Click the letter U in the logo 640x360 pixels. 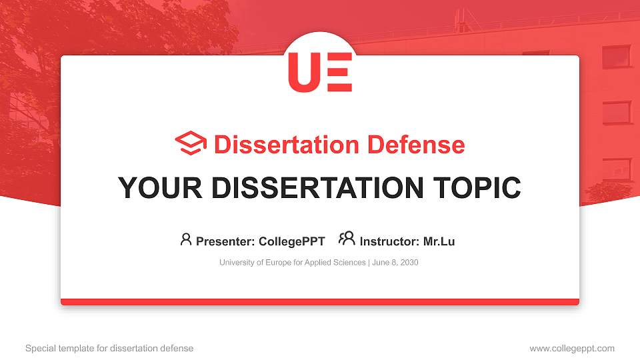click(303, 71)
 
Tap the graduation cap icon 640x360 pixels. click(191, 144)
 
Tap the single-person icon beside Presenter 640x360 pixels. click(186, 240)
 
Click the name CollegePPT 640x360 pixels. click(293, 241)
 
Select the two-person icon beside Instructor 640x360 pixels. click(347, 239)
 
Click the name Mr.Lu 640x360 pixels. click(439, 241)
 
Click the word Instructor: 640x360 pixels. click(389, 241)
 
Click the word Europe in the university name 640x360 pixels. click(271, 263)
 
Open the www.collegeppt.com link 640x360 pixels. click(572, 348)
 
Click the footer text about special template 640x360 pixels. click(109, 348)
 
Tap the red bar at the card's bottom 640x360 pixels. click(320, 302)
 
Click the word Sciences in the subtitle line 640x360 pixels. click(348, 263)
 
